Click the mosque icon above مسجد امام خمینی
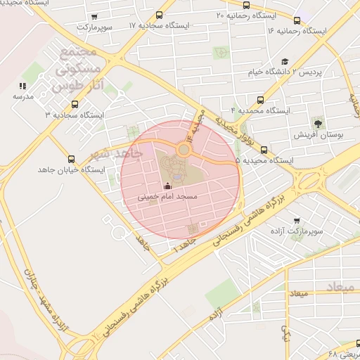click(167, 187)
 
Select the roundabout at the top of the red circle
click(184, 149)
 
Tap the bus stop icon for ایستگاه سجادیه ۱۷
click(160, 14)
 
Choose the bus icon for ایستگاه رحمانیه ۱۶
click(297, 20)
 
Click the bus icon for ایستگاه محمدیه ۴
click(261, 100)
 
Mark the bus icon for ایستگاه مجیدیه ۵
click(264, 149)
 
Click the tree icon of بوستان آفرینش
click(318, 124)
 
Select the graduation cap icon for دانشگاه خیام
click(285, 62)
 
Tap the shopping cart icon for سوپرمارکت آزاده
click(296, 221)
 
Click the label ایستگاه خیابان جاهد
click(70, 171)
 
